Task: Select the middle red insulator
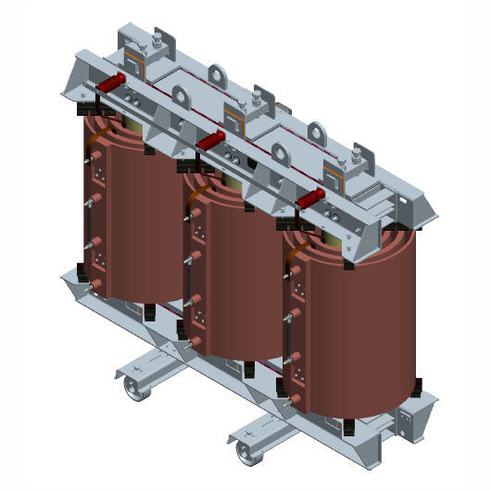click(x=211, y=141)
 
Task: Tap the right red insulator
click(x=309, y=199)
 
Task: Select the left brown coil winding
click(x=139, y=222)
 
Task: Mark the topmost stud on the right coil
click(x=296, y=271)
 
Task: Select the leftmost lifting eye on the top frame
click(x=219, y=75)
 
